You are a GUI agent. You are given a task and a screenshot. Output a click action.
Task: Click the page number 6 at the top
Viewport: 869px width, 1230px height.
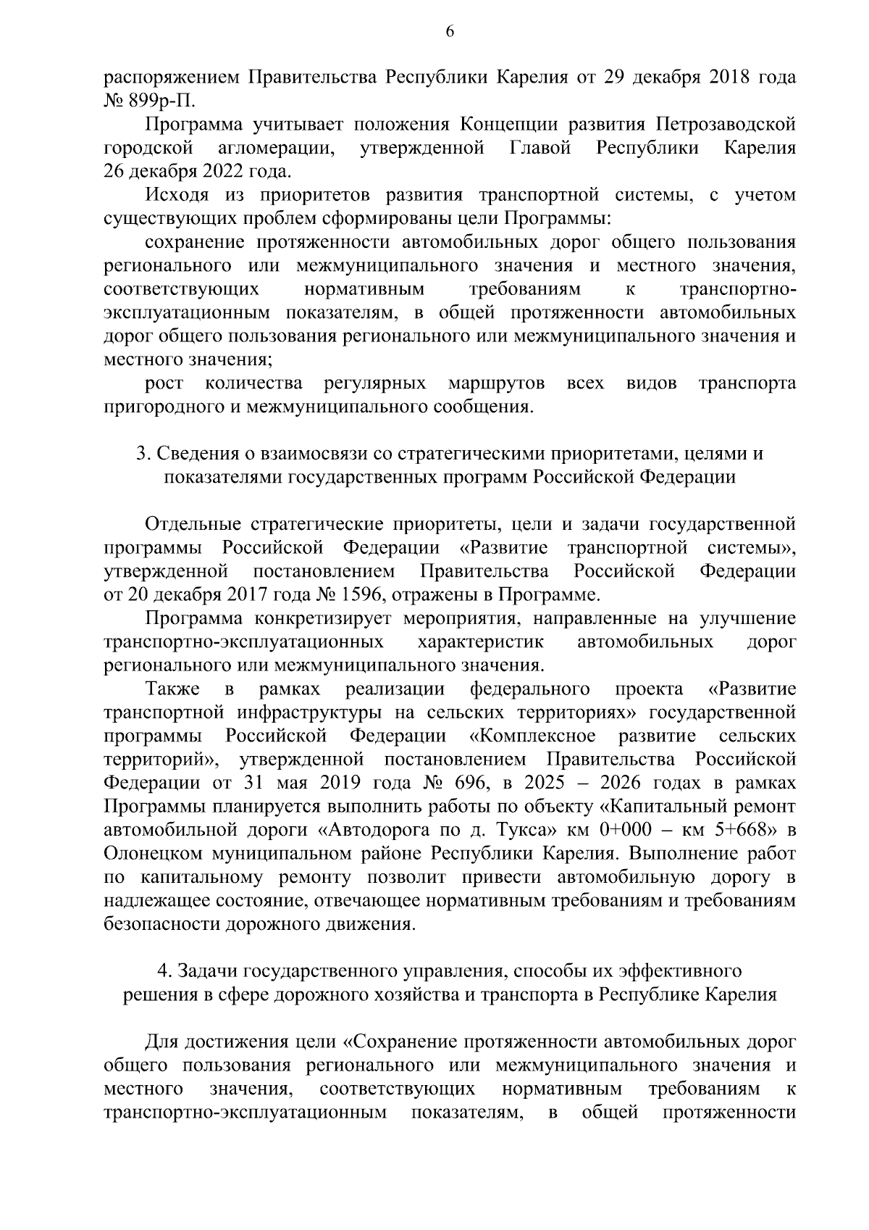coord(449,31)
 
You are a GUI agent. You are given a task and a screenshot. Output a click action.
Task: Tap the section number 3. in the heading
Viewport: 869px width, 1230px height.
coord(143,454)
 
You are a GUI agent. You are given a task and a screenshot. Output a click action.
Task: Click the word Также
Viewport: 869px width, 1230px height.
coord(171,689)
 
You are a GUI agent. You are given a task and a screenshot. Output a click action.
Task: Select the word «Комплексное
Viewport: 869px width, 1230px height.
coord(532,736)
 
